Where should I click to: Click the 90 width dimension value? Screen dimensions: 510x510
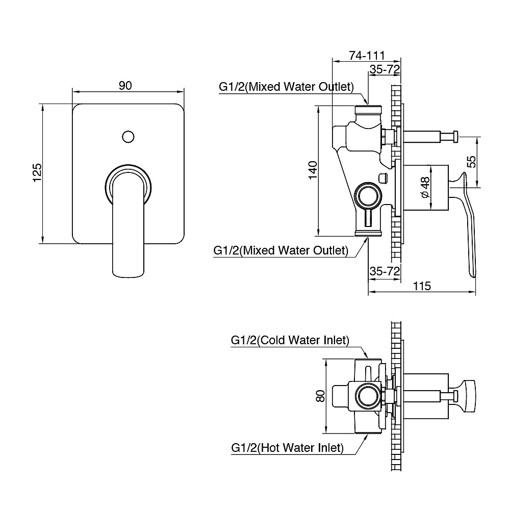125,85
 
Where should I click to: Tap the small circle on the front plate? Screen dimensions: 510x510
128,137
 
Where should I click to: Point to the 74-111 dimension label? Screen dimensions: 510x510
366,55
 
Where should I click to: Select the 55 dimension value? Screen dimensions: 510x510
472,162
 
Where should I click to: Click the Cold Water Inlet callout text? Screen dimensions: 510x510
290,340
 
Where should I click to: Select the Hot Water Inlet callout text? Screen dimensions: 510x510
287,448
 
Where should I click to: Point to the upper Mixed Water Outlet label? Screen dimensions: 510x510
286,87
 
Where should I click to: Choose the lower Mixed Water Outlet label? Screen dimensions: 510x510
281,251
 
